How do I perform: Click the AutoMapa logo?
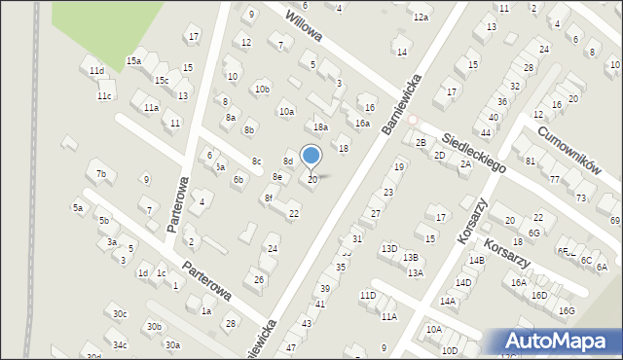tap(558, 342)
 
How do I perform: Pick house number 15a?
tap(133, 60)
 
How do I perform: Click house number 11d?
tap(95, 71)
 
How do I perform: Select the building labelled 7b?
tap(100, 174)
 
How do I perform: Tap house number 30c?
tap(119, 313)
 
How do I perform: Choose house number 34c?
tap(119, 344)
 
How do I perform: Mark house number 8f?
tap(268, 198)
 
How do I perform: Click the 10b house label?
tap(262, 89)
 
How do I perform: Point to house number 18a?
tap(320, 127)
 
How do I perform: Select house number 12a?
tap(421, 18)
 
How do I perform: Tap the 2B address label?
tap(421, 143)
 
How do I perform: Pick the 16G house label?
tap(567, 310)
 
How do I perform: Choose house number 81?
tap(531, 160)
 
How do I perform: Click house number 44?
tap(485, 132)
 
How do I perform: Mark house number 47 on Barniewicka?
tap(291, 347)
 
